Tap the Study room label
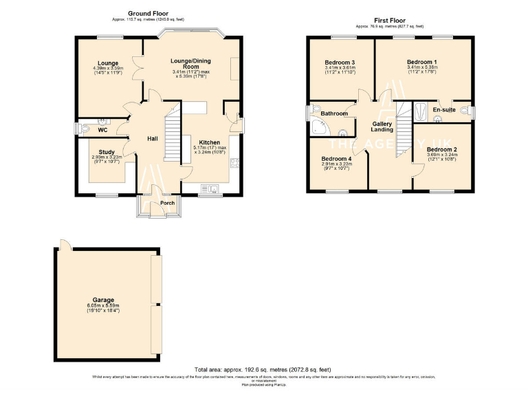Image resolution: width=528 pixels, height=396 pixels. [x=107, y=152]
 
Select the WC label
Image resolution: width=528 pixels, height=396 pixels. [x=102, y=129]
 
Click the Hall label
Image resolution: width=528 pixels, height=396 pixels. [x=153, y=139]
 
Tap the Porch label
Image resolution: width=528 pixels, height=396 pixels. [x=167, y=203]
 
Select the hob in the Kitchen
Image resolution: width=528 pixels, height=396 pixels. [x=234, y=164]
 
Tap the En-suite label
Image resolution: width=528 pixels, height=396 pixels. [x=443, y=109]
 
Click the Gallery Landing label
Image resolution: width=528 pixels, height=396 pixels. [x=382, y=126]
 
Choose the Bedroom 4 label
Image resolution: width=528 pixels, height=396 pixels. [x=337, y=159]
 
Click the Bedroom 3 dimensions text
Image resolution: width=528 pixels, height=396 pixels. [x=339, y=70]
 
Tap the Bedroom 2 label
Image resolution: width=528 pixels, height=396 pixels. [x=441, y=149]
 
